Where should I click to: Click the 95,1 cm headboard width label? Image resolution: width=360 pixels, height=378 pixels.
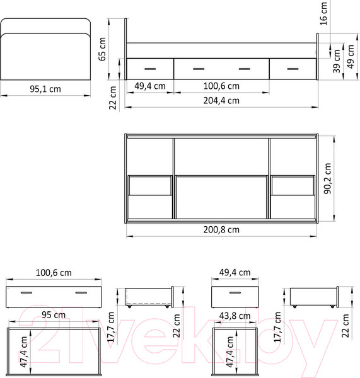[45, 89]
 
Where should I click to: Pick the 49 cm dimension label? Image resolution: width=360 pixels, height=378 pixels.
[351, 58]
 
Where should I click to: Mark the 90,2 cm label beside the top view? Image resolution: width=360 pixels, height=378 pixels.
[327, 180]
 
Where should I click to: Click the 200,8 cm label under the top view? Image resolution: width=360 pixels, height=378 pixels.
[221, 229]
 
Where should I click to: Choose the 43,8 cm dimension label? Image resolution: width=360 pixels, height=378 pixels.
[235, 314]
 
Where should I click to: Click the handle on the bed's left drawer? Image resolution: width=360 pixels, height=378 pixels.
[150, 67]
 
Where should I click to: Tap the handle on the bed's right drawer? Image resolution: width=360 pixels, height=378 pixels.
[292, 67]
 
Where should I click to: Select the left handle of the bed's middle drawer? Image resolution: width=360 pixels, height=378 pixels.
[197, 67]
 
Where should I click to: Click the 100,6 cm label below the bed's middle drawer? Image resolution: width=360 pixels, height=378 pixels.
[221, 86]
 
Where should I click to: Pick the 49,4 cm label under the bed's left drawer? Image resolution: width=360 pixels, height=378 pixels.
[150, 86]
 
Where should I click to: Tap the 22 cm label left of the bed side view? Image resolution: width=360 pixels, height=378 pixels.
[113, 96]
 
